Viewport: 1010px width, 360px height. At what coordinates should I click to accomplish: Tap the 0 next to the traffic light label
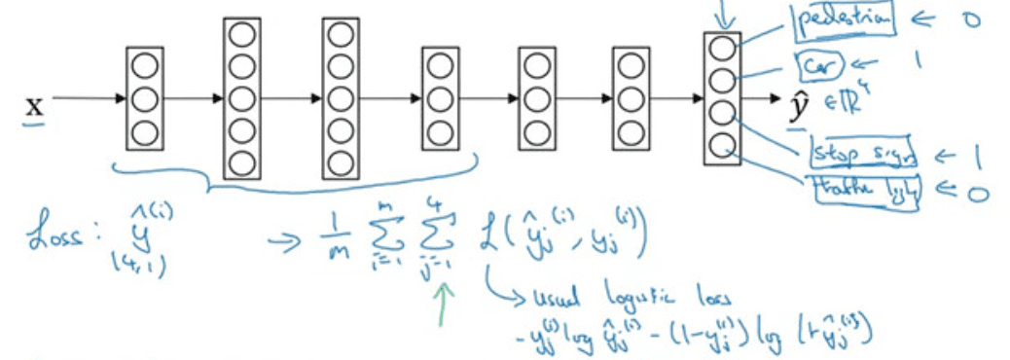(x=977, y=192)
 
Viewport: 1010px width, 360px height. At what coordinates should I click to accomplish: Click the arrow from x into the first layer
(x=88, y=98)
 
